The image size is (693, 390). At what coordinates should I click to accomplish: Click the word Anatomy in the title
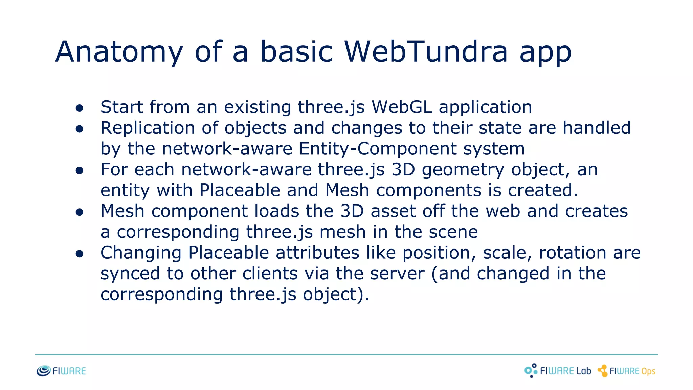[119, 52]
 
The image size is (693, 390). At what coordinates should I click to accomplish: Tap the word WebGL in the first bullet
[402, 107]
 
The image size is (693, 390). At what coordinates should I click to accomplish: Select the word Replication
[148, 128]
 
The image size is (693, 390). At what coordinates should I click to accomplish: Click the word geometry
[463, 170]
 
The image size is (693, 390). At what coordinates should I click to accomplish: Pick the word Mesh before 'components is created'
[347, 190]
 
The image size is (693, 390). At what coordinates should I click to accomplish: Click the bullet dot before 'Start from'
[80, 108]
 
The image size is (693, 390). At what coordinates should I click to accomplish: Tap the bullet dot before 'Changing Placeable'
[80, 254]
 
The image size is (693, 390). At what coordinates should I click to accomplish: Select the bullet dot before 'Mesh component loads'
[80, 212]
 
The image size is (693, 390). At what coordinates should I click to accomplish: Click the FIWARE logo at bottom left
[61, 371]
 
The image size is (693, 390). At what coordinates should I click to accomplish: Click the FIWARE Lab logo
[558, 371]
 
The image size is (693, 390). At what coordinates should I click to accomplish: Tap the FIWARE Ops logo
[627, 371]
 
